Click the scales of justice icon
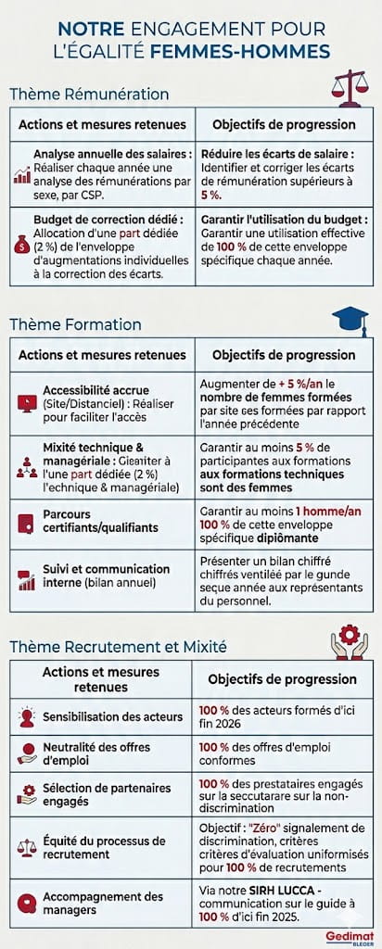click(350, 87)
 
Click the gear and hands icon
click(349, 641)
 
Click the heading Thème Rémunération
click(89, 94)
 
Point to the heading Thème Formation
click(75, 324)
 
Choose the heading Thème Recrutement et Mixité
click(118, 646)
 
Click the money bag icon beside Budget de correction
click(21, 245)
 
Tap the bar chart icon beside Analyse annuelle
click(21, 174)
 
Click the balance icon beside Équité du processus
click(26, 848)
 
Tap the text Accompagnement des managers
click(103, 904)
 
